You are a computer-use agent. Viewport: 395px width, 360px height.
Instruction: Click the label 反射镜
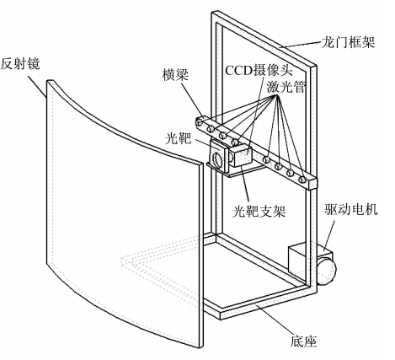tap(20, 63)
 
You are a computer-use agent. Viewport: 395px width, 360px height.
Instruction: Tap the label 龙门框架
tap(348, 43)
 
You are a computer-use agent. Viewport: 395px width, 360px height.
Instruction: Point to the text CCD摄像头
tap(259, 70)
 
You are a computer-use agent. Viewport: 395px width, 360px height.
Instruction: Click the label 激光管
tap(286, 87)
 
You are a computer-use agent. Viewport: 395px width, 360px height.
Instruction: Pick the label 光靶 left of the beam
tap(178, 138)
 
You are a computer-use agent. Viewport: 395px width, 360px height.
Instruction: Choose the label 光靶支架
tap(259, 211)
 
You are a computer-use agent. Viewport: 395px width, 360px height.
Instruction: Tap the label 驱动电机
tap(351, 209)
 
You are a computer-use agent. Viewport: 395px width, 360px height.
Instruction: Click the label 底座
tap(303, 341)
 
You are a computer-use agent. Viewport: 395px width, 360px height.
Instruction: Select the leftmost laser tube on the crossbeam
tap(200, 122)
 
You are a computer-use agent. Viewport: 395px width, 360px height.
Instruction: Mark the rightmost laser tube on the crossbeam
tap(302, 179)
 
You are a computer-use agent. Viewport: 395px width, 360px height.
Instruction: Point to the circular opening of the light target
tap(218, 159)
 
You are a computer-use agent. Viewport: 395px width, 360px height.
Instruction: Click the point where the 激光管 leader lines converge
tap(276, 95)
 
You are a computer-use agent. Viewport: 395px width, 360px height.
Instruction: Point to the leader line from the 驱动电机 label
tap(329, 235)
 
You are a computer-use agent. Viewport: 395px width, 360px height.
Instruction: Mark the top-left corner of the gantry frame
tap(213, 13)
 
